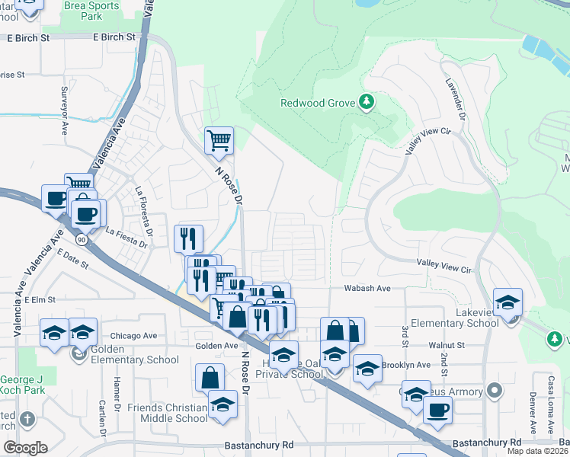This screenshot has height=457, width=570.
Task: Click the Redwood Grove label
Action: [x=319, y=103]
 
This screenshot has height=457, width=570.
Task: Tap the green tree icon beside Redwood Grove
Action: [x=367, y=101]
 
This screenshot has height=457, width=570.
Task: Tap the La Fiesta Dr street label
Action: [x=125, y=232]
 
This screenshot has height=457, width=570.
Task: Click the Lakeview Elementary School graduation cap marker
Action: [x=508, y=302]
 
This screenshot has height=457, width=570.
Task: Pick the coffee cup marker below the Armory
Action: [x=437, y=411]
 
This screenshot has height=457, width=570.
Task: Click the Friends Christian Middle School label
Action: [x=168, y=413]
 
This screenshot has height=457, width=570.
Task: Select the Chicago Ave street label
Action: [x=133, y=335]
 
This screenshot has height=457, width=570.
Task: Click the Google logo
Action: [x=25, y=447]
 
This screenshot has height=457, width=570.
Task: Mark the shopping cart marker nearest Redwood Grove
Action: [x=219, y=140]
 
